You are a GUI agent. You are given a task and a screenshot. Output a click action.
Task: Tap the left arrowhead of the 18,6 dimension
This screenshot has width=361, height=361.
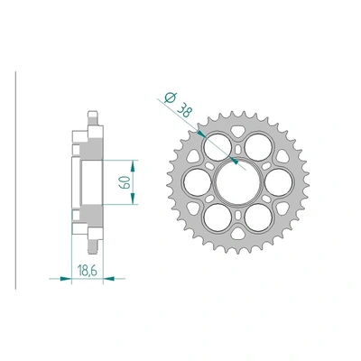point(69,278)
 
